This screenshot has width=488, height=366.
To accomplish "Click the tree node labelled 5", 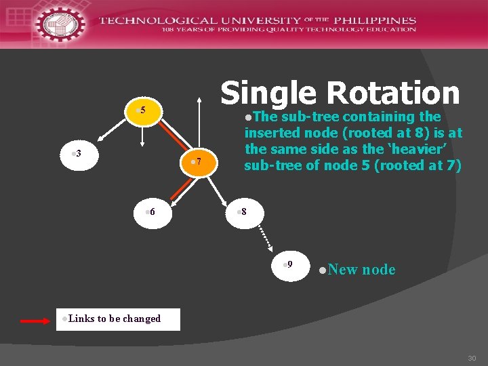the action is (142, 110).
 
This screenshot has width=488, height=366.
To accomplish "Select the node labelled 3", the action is (77, 154).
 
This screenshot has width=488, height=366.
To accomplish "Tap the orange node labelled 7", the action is (197, 161).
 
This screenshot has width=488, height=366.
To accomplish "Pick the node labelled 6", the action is (151, 212).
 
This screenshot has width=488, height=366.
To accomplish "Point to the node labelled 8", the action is (242, 212).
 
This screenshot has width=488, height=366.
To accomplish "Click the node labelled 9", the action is (288, 264).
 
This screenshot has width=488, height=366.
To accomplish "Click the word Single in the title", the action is (268, 94).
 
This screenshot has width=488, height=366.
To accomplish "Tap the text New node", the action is (361, 270).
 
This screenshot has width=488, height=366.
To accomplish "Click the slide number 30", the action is (472, 358).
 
